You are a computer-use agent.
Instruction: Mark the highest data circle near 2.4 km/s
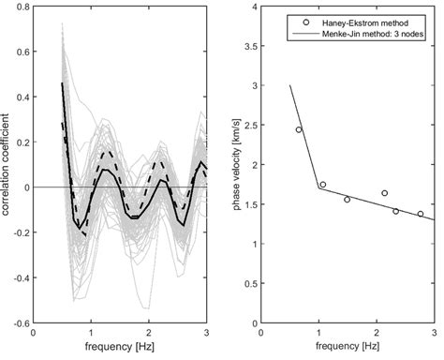pyautogui.click(x=299, y=130)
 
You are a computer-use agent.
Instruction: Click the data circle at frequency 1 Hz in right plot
pyautogui.click(x=322, y=185)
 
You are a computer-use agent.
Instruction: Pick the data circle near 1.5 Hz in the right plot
pyautogui.click(x=348, y=200)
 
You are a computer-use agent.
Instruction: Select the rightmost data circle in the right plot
pyautogui.click(x=421, y=214)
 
